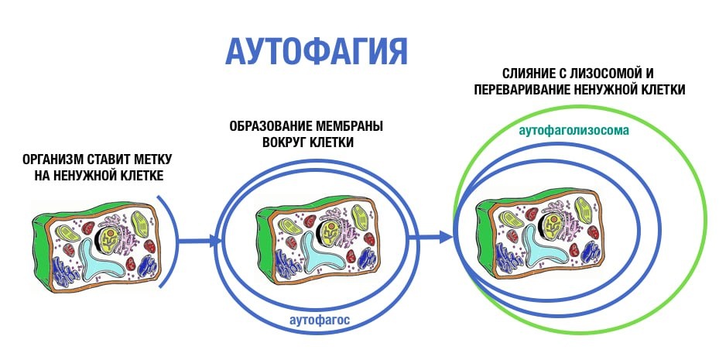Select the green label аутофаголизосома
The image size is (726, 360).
(574, 131)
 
